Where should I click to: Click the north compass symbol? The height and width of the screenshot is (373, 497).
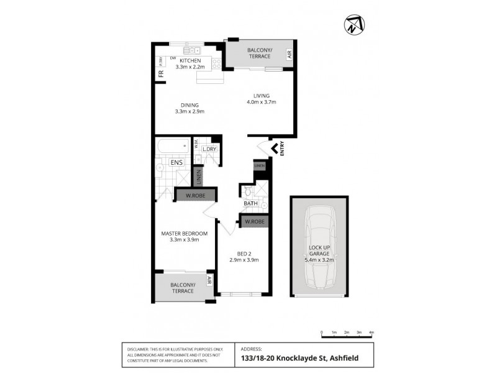(354, 24)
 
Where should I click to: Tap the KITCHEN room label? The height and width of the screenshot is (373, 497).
(190, 60)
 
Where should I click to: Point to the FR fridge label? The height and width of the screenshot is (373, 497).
(161, 74)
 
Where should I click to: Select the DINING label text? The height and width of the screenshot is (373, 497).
(189, 104)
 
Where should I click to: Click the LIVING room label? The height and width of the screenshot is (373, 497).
(261, 95)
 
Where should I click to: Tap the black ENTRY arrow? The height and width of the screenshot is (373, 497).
(273, 149)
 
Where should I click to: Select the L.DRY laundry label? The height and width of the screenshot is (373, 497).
(209, 149)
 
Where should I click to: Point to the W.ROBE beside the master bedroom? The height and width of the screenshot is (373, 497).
(196, 195)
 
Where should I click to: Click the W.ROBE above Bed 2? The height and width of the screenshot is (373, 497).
(255, 221)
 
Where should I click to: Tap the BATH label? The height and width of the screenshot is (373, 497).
(250, 203)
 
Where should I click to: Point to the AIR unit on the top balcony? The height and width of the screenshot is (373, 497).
(290, 55)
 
